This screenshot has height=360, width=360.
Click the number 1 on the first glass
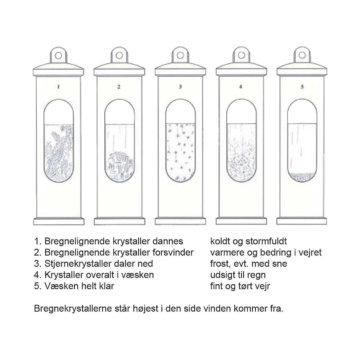[58, 87]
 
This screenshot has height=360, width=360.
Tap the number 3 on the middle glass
[180, 87]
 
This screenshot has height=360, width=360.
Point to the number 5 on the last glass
[302, 87]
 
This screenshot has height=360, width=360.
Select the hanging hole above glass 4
[241, 55]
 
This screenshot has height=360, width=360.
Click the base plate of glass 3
[181, 221]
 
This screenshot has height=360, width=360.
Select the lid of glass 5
[302, 70]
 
